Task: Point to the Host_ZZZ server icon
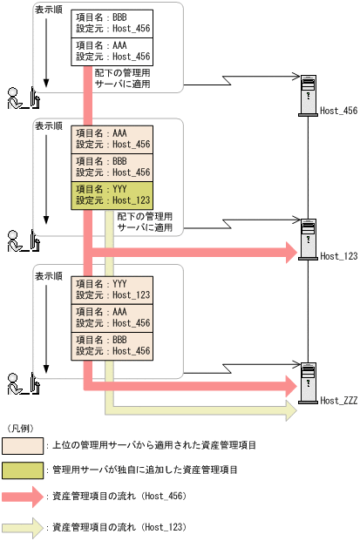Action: click(307, 382)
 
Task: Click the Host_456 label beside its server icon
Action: click(339, 112)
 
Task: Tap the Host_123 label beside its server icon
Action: click(339, 256)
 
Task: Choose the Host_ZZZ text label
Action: click(339, 400)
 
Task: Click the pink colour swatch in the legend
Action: click(24, 445)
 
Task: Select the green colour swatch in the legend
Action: click(24, 470)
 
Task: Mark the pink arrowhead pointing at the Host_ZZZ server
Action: click(291, 383)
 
